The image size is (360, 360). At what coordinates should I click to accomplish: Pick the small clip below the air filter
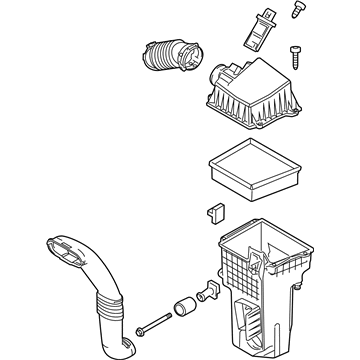[213, 213]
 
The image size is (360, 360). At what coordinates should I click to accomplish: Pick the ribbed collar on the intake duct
[109, 301]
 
